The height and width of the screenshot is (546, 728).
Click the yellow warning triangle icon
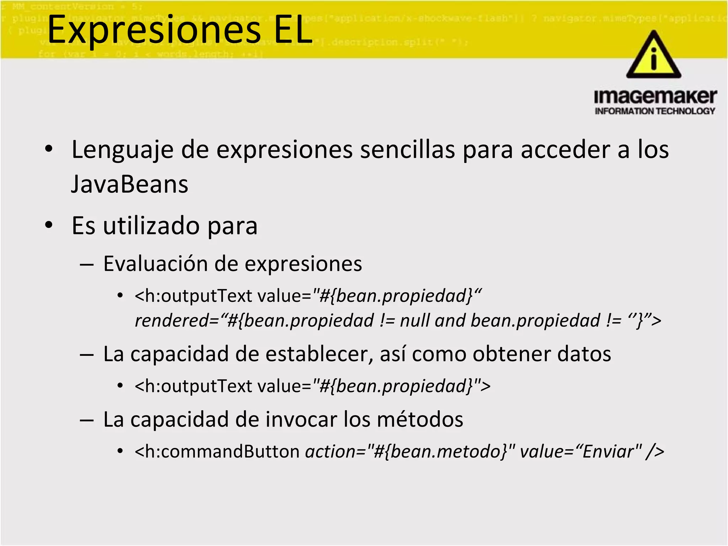tap(653, 55)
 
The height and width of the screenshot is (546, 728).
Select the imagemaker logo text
tap(655, 97)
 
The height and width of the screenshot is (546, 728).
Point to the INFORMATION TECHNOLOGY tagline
tap(655, 111)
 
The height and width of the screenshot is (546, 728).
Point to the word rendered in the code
tap(172, 321)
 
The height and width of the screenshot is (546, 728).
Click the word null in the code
tap(415, 321)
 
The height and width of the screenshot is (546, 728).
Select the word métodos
tap(420, 419)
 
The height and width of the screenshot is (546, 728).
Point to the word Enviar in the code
tap(608, 452)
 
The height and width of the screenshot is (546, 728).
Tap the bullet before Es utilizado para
tap(49, 225)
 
